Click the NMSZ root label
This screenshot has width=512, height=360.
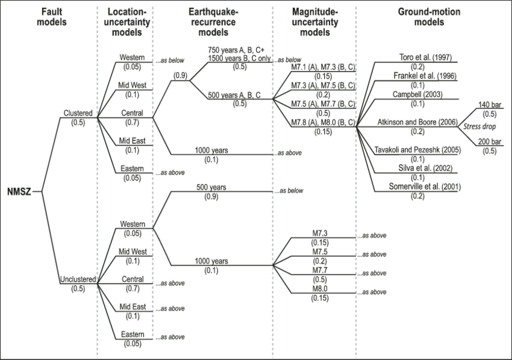[x=16, y=192]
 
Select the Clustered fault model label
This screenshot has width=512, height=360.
[x=78, y=113]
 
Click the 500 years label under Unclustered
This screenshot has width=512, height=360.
[x=211, y=187]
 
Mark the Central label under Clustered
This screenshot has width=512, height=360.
[x=132, y=113]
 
